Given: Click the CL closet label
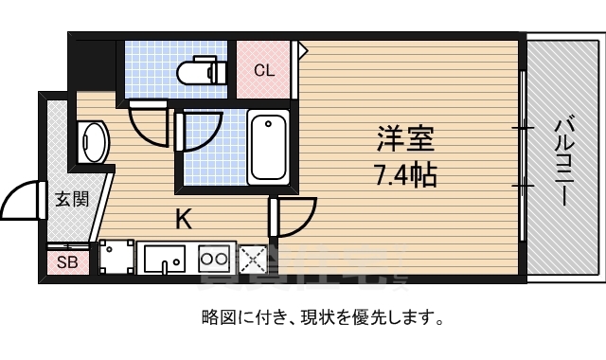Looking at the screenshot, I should tap(264, 70).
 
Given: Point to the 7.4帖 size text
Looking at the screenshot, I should tap(405, 174).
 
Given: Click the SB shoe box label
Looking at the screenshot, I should tap(68, 261).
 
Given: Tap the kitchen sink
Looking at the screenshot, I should tap(165, 258).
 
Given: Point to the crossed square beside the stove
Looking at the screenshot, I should tap(252, 258).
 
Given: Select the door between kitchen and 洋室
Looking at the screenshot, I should tap(294, 215).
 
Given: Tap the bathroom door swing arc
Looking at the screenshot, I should tap(201, 132).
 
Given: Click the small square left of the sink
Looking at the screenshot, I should tap(117, 258).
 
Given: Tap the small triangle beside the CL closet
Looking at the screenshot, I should tap(303, 47).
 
